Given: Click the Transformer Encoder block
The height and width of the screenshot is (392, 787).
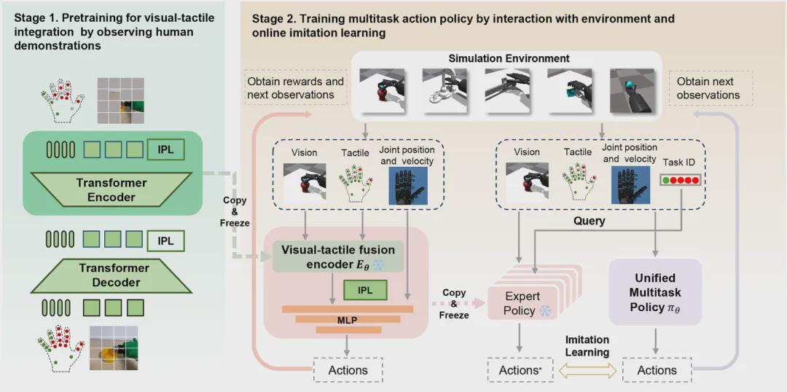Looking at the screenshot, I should [x=112, y=189].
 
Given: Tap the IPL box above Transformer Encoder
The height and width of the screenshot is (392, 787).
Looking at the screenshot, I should [x=165, y=150].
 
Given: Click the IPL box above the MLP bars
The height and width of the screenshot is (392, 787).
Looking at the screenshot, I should [x=365, y=290].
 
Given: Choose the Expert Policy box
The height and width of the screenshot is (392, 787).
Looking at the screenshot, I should [x=522, y=304].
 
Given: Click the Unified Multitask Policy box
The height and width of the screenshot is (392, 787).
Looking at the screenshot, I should [x=654, y=291].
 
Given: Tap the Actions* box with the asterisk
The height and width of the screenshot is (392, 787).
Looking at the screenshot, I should [x=520, y=370].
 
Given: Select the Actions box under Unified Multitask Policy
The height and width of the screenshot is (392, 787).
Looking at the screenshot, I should [x=657, y=370].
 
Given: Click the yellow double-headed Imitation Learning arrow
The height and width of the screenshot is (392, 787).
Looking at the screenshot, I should [x=587, y=370].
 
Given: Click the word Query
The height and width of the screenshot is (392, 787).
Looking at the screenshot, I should [x=589, y=221].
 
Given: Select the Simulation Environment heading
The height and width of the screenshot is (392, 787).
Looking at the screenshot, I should [x=509, y=58].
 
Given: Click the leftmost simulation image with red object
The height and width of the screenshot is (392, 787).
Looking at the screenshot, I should [x=380, y=90].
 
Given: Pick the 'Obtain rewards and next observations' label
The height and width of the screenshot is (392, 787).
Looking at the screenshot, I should [x=295, y=88].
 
